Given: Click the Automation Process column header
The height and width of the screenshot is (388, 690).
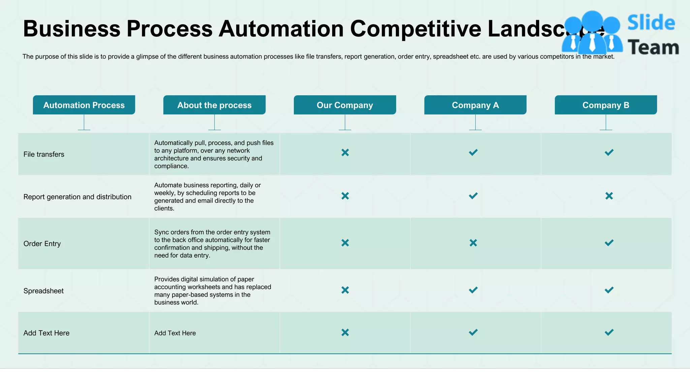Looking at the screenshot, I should [x=84, y=105].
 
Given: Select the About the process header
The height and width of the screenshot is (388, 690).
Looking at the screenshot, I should [x=214, y=105].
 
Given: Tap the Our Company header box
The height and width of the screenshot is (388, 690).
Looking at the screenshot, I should [x=345, y=105].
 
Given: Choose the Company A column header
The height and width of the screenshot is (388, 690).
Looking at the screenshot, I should [x=475, y=105].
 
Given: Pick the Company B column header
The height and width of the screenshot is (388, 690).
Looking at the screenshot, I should [x=605, y=105].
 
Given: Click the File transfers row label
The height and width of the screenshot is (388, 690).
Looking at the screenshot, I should [x=44, y=154].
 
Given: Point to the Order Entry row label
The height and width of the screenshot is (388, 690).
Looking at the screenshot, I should [x=42, y=244].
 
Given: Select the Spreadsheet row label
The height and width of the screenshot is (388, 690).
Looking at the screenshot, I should [x=43, y=291].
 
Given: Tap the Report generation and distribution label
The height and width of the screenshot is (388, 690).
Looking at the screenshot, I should [x=77, y=197].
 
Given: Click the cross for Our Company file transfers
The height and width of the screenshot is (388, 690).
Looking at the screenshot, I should [x=345, y=153].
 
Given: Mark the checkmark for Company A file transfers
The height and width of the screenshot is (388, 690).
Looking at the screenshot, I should [x=473, y=153].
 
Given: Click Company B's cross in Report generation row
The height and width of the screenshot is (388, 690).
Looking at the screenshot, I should [x=609, y=196].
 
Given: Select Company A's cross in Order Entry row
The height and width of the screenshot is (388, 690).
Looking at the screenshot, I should [x=473, y=243].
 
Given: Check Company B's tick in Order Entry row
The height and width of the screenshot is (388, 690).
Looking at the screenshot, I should [x=609, y=243].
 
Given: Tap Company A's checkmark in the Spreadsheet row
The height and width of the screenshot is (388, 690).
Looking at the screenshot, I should [x=473, y=290].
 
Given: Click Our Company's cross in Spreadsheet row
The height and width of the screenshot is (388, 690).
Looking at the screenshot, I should [x=345, y=290].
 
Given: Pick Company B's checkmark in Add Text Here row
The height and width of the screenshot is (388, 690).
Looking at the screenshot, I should [x=609, y=332].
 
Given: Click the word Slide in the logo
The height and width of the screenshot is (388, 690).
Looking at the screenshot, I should [x=651, y=23].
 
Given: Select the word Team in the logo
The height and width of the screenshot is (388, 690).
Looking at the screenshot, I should [x=653, y=47].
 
